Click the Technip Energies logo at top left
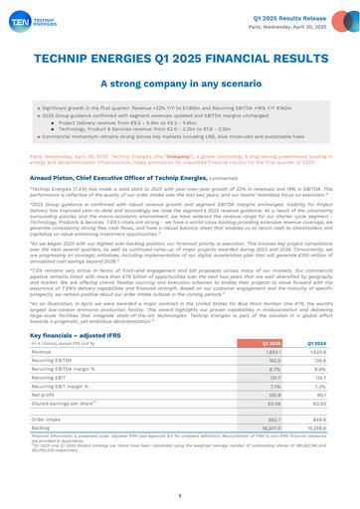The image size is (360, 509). [31, 20]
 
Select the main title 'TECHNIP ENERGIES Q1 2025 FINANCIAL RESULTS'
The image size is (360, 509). [180, 59]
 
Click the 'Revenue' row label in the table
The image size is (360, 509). [49, 355]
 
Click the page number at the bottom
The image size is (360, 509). [180, 494]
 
